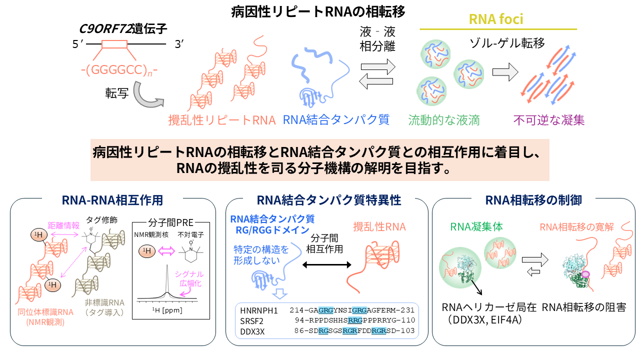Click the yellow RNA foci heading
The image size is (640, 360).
click(x=496, y=19)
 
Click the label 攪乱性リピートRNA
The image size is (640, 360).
click(x=221, y=120)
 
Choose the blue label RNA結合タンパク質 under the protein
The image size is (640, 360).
click(x=336, y=120)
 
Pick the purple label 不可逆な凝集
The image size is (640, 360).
click(x=548, y=120)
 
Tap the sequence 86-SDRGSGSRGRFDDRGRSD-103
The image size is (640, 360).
click(x=352, y=330)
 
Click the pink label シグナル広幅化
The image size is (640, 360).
click(x=189, y=278)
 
